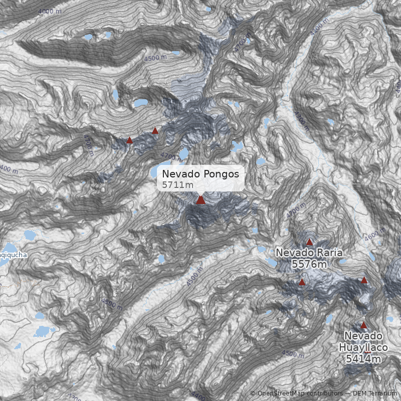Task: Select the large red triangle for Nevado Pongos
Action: [x=200, y=200]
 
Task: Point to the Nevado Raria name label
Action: [x=309, y=253]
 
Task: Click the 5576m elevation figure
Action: [x=309, y=264]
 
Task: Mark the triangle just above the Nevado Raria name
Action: [x=309, y=242]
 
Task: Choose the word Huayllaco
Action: [x=363, y=347]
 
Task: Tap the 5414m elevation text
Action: [x=363, y=358]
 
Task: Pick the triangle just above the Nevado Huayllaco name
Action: [x=363, y=325]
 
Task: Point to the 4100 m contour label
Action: [x=319, y=27]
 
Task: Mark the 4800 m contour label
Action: [x=111, y=302]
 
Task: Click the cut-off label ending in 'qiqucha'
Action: [x=13, y=255]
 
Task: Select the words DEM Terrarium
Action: [x=375, y=393]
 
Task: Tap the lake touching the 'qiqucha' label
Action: [x=29, y=235]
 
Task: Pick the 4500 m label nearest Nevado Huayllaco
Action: [x=293, y=354]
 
